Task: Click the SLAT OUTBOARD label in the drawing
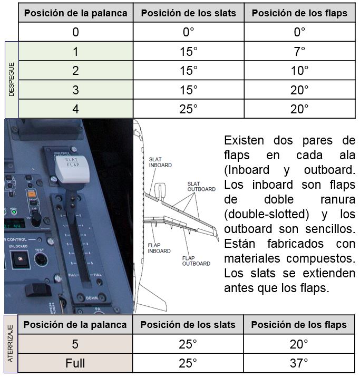pos(201,187)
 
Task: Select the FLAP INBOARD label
pos(159,248)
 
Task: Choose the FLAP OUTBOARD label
pos(196,261)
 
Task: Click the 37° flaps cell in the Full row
pos(299,363)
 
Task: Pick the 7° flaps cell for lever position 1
pos(299,51)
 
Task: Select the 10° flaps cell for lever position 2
pos(299,71)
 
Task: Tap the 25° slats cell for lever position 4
pos(189,109)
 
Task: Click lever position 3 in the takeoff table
pos(75,90)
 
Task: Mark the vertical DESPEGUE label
pos(12,80)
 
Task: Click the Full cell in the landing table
pos(75,363)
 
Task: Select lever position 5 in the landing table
pos(75,344)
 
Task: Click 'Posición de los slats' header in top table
pos(189,13)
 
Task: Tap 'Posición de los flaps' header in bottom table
pos(299,325)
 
